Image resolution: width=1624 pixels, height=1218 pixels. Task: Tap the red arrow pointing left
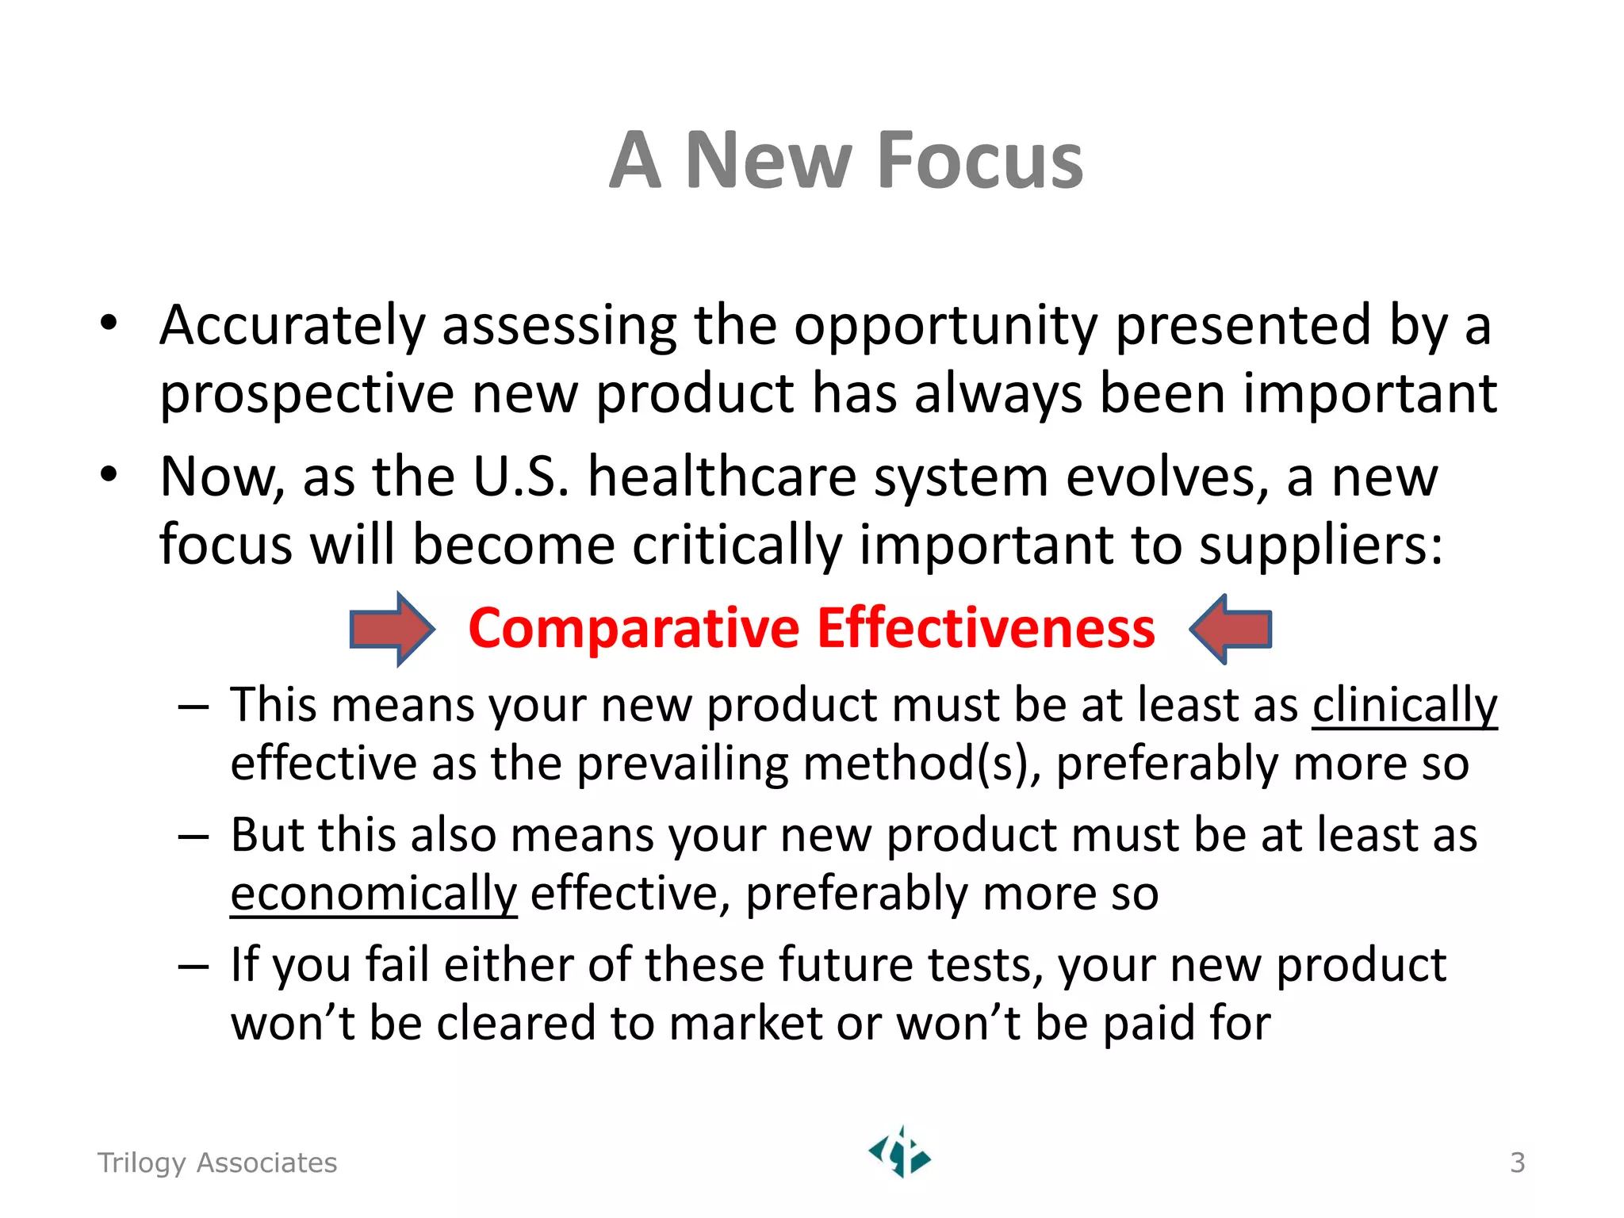pos(1231,629)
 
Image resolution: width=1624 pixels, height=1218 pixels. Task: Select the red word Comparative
pos(634,629)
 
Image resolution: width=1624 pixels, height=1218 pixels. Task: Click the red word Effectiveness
pos(986,629)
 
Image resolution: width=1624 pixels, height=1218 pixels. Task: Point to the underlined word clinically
pos(1404,705)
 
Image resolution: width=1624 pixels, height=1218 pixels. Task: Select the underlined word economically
pos(373,894)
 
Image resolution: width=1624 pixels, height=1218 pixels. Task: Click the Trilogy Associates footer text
pos(216,1162)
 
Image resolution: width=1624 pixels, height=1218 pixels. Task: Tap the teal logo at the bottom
pos(900,1153)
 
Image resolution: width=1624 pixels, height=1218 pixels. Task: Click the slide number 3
pos(1517,1162)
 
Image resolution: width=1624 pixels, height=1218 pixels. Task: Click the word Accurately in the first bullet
pos(293,326)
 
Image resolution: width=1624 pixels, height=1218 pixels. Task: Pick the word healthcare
pos(722,478)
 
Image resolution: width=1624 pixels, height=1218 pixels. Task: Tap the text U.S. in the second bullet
pos(521,478)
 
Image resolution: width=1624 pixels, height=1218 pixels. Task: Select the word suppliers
pos(1320,546)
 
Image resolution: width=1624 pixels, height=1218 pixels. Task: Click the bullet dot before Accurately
pos(109,323)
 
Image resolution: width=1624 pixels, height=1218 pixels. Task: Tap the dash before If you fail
pos(193,967)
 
